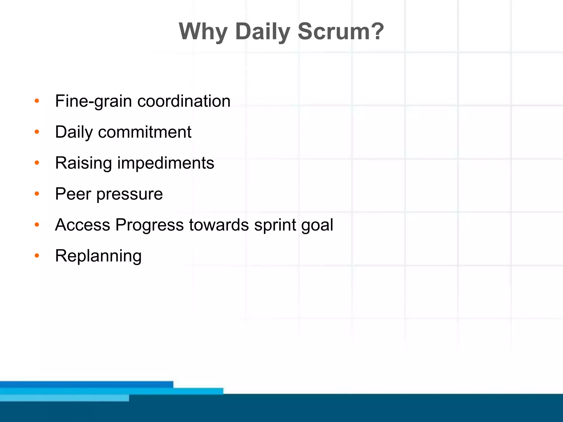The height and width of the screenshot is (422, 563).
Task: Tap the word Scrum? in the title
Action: (x=341, y=32)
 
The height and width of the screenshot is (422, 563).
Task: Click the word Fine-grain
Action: (x=93, y=101)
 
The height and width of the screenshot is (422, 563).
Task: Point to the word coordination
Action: (x=184, y=101)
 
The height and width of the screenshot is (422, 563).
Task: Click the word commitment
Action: (x=145, y=132)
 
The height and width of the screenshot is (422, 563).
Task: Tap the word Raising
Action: (x=83, y=163)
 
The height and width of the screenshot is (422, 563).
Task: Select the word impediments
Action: (x=166, y=163)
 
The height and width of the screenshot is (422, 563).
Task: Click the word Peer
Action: (x=73, y=194)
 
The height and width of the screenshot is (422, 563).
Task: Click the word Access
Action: (x=82, y=225)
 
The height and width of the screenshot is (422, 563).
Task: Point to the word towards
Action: (x=219, y=225)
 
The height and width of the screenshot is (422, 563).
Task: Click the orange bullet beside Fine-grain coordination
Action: (x=37, y=101)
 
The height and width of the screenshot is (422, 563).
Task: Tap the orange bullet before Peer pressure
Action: (x=37, y=194)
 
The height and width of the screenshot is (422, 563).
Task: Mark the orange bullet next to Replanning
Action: (x=37, y=256)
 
